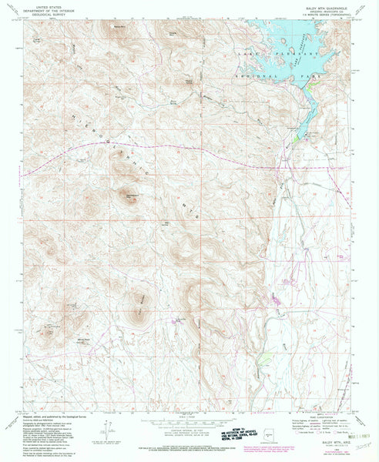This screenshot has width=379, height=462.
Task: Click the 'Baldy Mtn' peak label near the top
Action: (x=119, y=29)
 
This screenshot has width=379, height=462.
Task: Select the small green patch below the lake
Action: (x=295, y=139)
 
